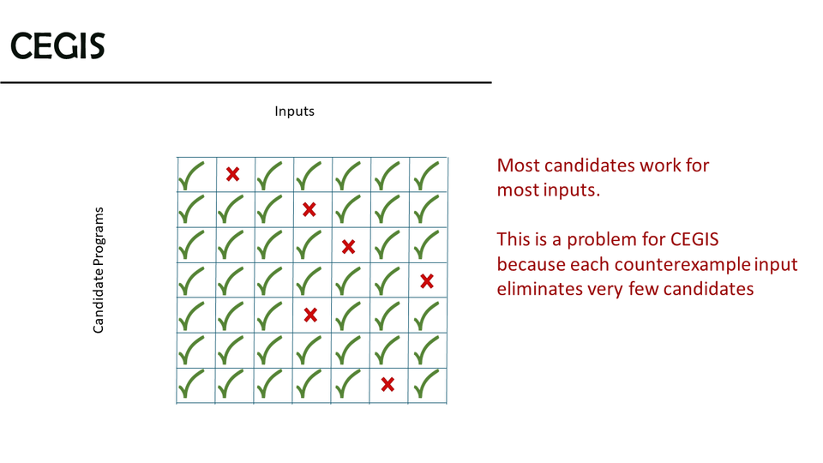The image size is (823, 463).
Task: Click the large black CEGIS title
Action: pyautogui.click(x=57, y=45)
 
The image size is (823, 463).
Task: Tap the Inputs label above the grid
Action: pyautogui.click(x=294, y=111)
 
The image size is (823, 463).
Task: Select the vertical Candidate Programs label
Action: pyautogui.click(x=98, y=270)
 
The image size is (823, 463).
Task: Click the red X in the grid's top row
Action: pyautogui.click(x=232, y=174)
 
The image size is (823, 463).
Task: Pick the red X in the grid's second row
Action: pyautogui.click(x=309, y=209)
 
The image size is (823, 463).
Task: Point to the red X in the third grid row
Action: pyautogui.click(x=348, y=246)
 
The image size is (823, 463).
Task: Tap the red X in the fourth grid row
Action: pyautogui.click(x=427, y=281)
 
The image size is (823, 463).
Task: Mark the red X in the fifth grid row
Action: pyautogui.click(x=310, y=315)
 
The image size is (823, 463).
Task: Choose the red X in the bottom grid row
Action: pyautogui.click(x=387, y=385)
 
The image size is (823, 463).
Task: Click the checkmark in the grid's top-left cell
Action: pyautogui.click(x=191, y=177)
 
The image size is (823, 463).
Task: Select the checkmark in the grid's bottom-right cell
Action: pyautogui.click(x=426, y=384)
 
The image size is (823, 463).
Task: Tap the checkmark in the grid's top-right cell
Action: pyautogui.click(x=426, y=177)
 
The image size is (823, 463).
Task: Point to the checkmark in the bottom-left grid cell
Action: pyautogui.click(x=191, y=384)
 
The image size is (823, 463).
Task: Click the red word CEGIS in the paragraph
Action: pyautogui.click(x=694, y=239)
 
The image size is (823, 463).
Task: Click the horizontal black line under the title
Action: pyautogui.click(x=246, y=82)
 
